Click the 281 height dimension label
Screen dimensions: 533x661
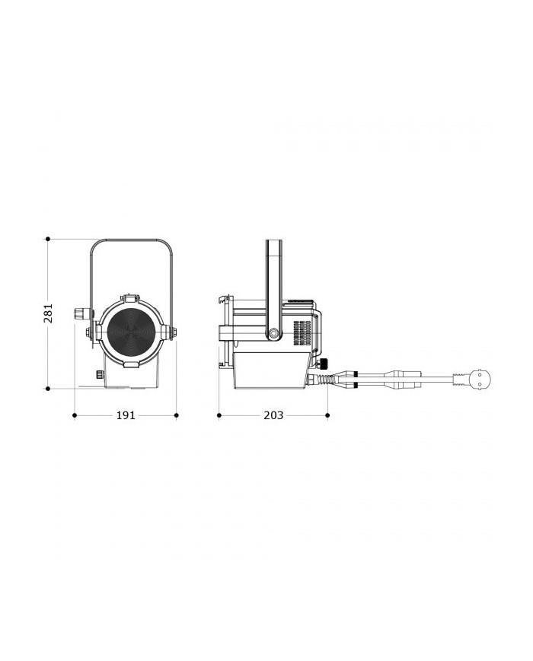tap(49, 313)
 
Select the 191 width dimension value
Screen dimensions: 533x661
tap(126, 415)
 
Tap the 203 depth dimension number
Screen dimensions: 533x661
tap(273, 415)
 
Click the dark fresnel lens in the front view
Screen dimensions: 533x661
tap(131, 332)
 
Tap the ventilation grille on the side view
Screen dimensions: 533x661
tap(302, 333)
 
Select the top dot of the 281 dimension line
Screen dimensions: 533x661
tap(48, 239)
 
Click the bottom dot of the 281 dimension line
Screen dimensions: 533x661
tap(48, 389)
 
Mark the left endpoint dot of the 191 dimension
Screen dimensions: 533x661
tap(75, 415)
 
